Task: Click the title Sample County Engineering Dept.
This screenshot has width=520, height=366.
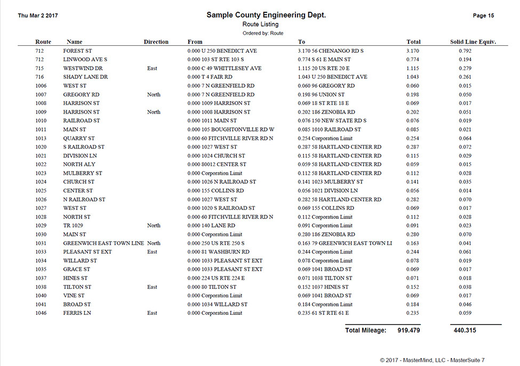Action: click(x=266, y=15)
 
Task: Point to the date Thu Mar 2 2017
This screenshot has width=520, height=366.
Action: click(x=38, y=16)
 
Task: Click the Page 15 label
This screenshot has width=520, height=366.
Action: click(x=483, y=16)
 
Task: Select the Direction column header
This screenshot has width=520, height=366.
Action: click(x=156, y=42)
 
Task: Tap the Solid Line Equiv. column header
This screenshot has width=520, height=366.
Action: click(x=473, y=42)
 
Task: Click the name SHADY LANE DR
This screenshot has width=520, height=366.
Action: click(x=85, y=77)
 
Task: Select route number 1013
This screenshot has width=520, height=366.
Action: click(x=41, y=139)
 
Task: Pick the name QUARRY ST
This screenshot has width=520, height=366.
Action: click(x=79, y=139)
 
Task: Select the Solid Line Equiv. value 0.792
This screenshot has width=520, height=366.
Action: click(x=465, y=51)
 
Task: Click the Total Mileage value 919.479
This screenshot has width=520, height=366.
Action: click(x=408, y=330)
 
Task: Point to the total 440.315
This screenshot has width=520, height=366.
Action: click(x=464, y=330)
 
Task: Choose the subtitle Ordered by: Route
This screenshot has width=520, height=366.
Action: click(x=263, y=33)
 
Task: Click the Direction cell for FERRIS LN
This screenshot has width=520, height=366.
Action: click(x=152, y=313)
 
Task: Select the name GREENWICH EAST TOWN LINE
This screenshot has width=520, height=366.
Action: click(x=103, y=243)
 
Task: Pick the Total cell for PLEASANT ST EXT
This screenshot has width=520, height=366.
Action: click(x=412, y=252)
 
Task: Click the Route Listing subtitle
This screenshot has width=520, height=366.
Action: click(x=260, y=25)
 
